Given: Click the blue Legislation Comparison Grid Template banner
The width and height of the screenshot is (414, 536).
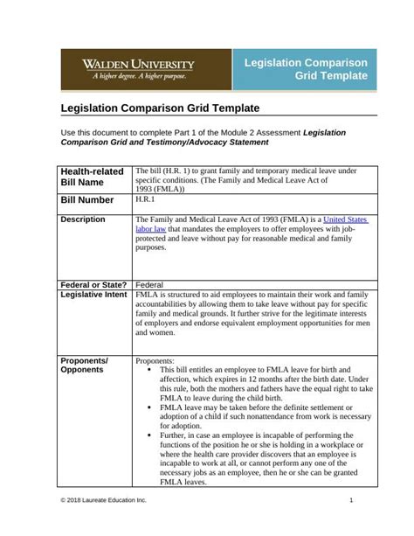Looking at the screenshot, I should (x=306, y=70).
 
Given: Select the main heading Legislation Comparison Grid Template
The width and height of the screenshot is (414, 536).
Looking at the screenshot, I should (x=160, y=108).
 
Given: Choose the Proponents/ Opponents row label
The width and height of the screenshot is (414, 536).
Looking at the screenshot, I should (x=84, y=365).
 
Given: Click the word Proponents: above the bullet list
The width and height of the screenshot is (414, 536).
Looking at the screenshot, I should (x=155, y=360).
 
